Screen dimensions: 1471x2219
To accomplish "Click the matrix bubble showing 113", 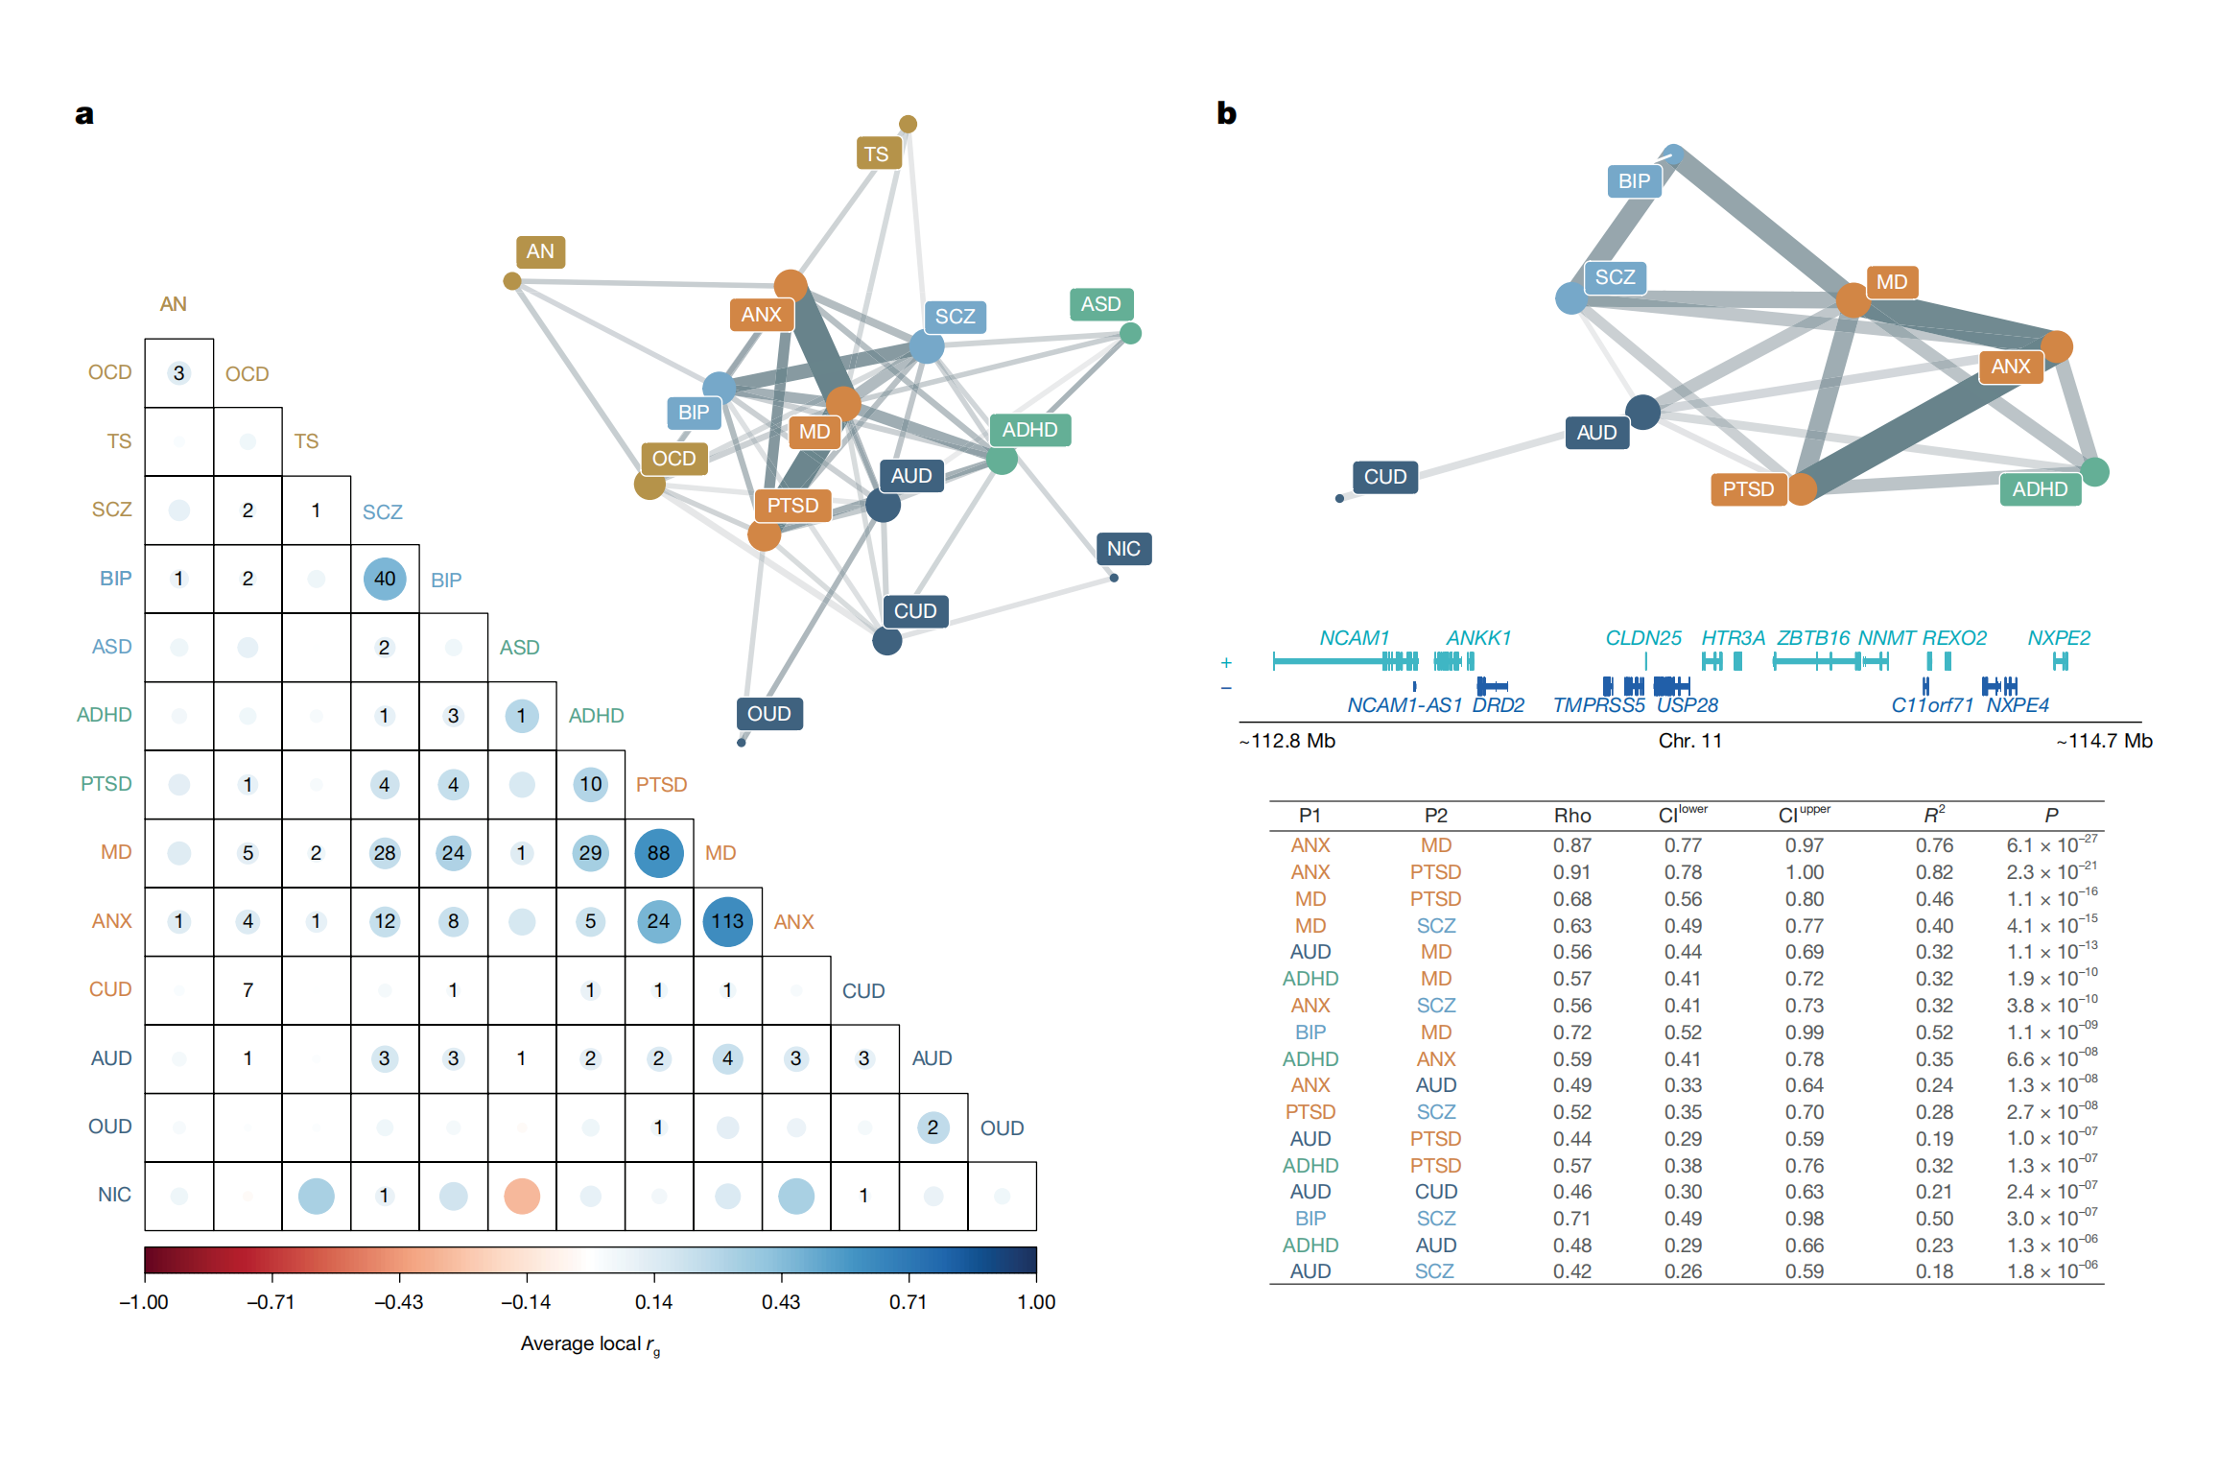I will click(727, 921).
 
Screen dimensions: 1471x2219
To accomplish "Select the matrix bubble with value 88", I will click(658, 853).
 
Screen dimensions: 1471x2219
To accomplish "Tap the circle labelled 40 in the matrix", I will click(385, 579).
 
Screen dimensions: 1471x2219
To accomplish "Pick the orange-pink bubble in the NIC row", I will click(522, 1196).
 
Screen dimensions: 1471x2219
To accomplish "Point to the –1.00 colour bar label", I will click(144, 1302).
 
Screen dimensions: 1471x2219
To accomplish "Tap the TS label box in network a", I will click(877, 154).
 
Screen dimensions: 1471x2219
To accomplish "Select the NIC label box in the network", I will click(1123, 549).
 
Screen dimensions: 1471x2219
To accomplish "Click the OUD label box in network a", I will click(769, 714).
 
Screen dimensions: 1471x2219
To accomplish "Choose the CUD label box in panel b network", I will click(1385, 477).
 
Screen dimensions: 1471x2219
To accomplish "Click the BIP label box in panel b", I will click(1634, 181).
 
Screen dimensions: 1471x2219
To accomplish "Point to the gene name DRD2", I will click(1498, 705).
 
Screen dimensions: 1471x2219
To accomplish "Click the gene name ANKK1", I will click(1478, 638).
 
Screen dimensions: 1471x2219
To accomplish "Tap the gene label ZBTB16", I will click(1812, 638).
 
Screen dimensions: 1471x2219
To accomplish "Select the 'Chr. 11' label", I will click(1690, 741).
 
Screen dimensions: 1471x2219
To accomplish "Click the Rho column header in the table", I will click(1572, 816).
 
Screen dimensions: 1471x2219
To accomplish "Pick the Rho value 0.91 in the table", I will click(1572, 872).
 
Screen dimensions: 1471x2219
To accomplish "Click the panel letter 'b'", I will click(1226, 113).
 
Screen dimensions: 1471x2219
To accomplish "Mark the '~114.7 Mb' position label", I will click(2104, 741).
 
